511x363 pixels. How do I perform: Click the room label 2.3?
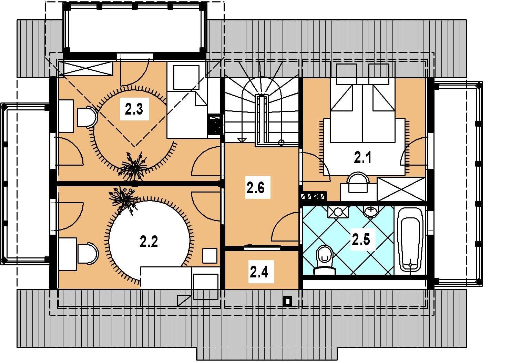134,109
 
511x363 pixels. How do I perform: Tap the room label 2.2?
149,242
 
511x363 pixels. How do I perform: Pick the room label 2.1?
362,157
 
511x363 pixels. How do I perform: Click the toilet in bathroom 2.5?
325,260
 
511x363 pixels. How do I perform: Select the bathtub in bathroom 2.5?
410,241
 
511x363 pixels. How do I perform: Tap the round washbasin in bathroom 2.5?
371,212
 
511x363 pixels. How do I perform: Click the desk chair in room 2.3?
88,117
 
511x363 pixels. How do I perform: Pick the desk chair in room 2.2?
88,254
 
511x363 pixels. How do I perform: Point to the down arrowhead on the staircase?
242,140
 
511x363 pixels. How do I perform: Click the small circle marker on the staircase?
281,143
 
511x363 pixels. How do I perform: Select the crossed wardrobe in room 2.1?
401,189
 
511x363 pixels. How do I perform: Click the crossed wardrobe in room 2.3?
86,68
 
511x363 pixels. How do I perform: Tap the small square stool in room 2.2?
209,256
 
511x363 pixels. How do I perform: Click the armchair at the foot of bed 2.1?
358,183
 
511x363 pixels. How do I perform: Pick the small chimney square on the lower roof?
288,301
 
